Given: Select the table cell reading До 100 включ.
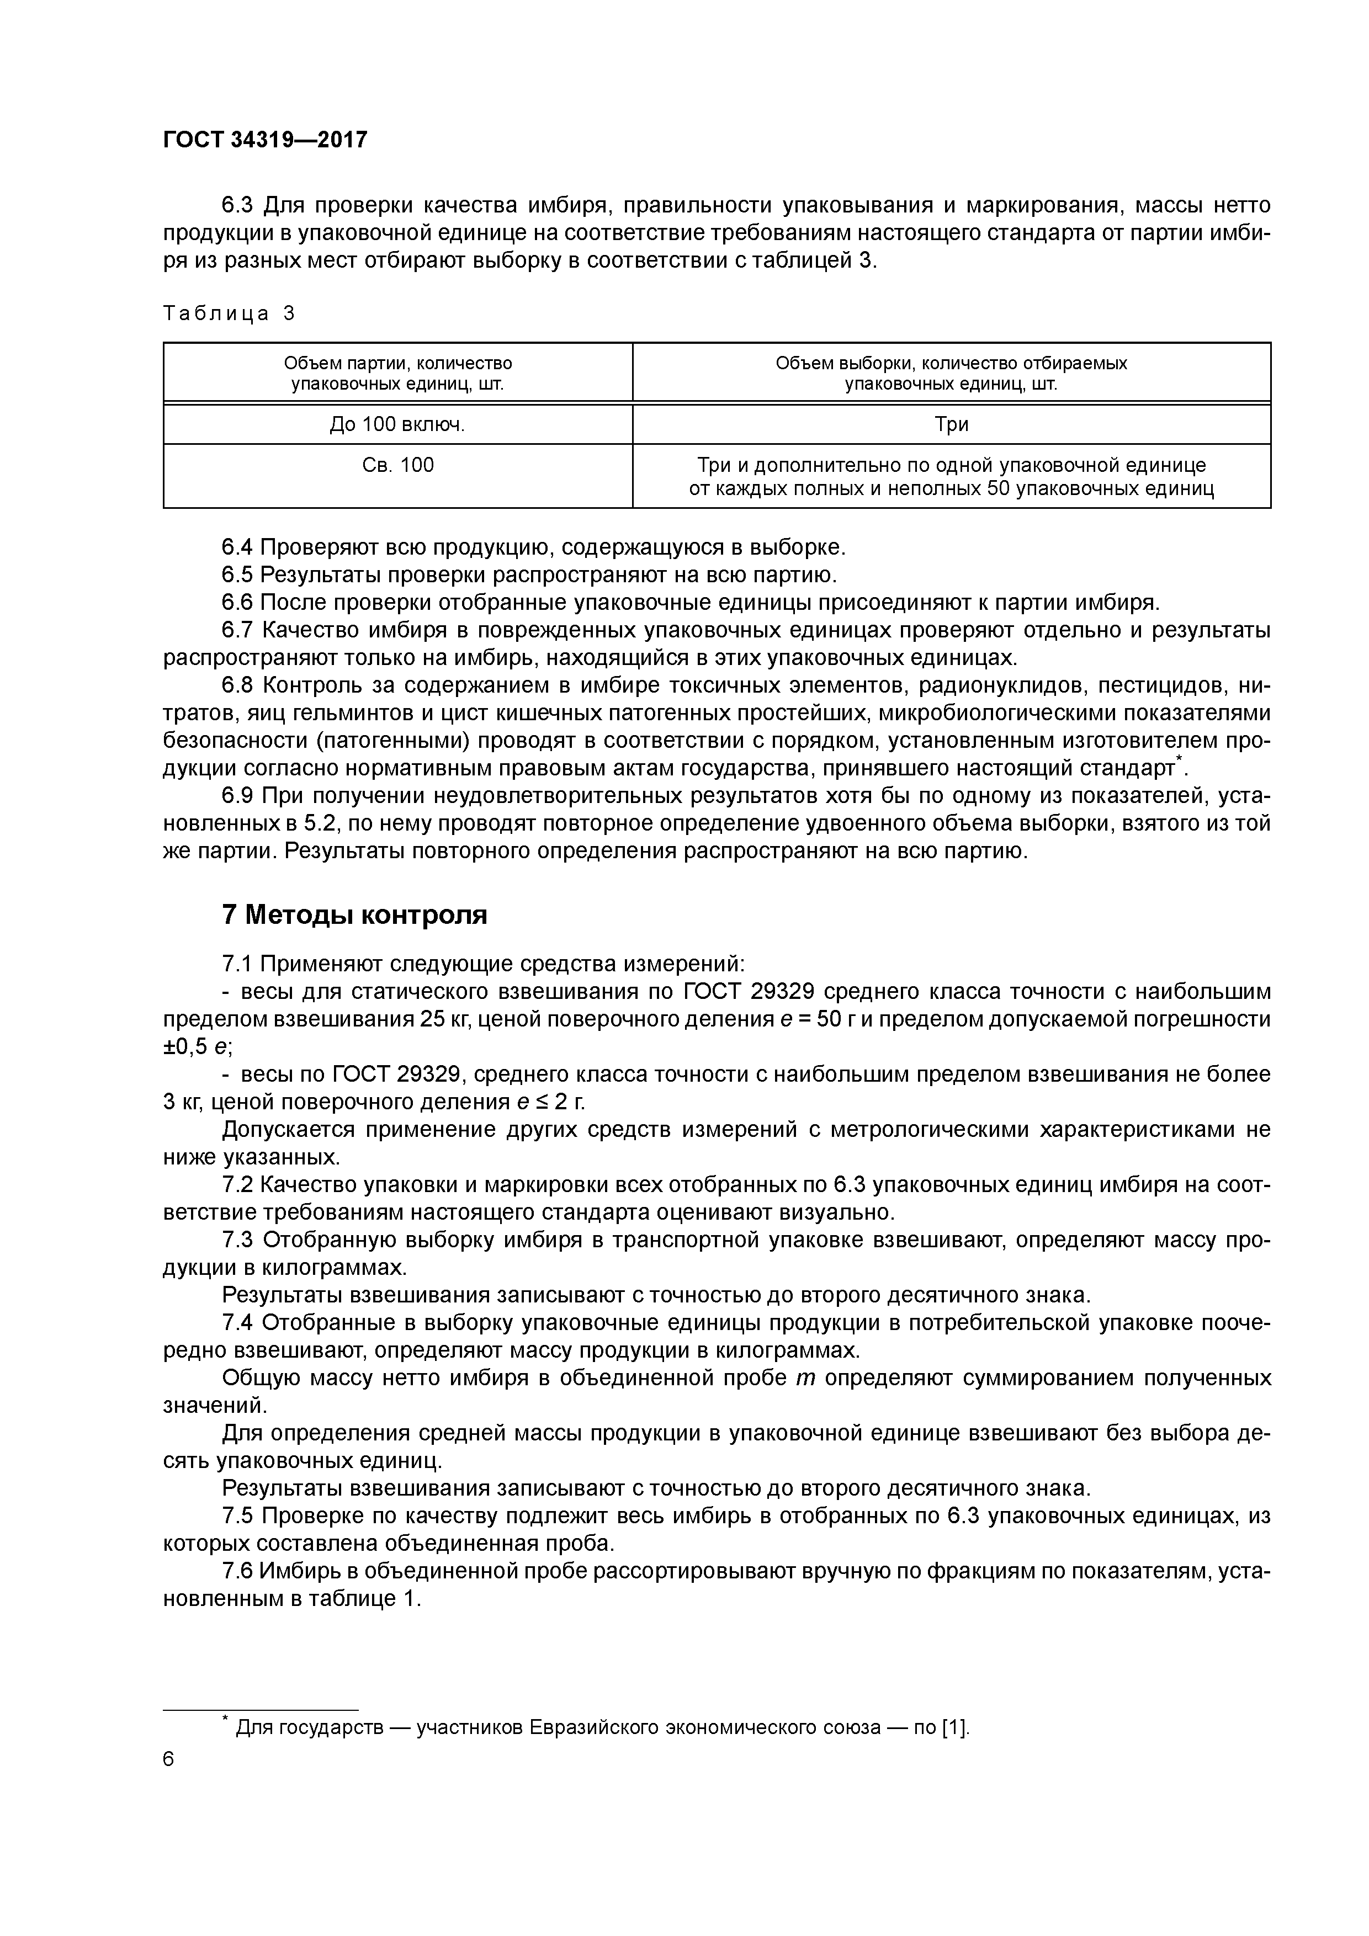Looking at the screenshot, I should [x=397, y=424].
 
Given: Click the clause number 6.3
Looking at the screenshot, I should [x=238, y=206].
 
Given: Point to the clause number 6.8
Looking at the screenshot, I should [x=238, y=685].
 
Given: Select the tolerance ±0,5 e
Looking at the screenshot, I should [x=196, y=1046].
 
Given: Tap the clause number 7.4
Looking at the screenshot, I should [x=238, y=1323].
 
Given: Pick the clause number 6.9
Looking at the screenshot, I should [x=238, y=796].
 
